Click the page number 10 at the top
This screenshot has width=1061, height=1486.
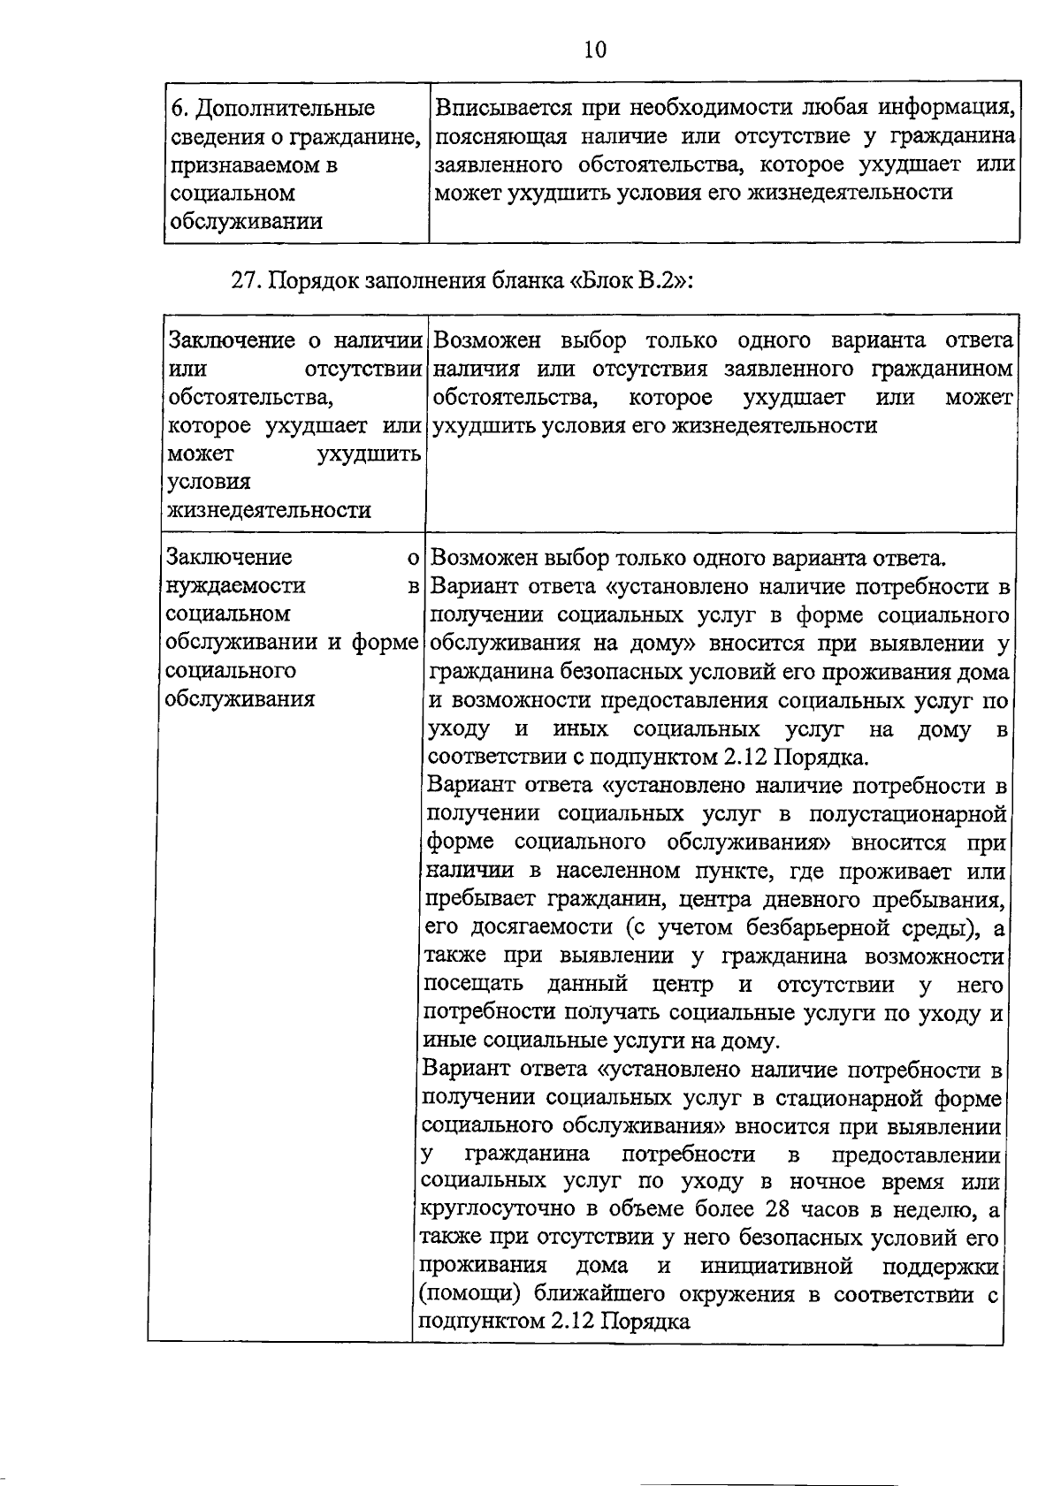click(595, 50)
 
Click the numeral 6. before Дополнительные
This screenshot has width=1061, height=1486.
click(179, 109)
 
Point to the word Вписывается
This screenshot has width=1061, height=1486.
click(505, 109)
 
